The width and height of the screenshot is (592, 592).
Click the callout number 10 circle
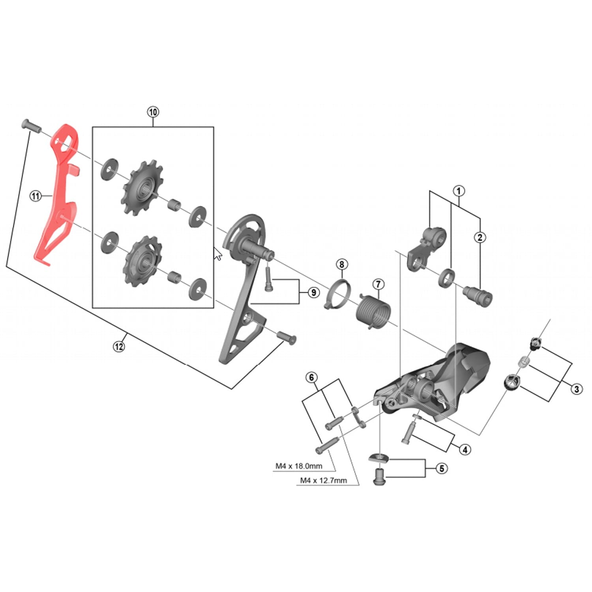pyautogui.click(x=153, y=112)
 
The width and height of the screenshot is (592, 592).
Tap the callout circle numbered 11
pyautogui.click(x=36, y=195)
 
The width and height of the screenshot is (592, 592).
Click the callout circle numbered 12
pyautogui.click(x=119, y=346)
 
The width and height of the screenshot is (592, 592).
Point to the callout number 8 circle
pyautogui.click(x=342, y=264)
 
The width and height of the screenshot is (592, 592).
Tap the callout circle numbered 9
pyautogui.click(x=313, y=292)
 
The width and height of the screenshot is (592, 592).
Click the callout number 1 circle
pyautogui.click(x=459, y=191)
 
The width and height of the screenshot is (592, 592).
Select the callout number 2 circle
pyautogui.click(x=480, y=237)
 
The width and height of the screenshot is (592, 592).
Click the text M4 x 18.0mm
pyautogui.click(x=299, y=466)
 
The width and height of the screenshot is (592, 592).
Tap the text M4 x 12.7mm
pyautogui.click(x=323, y=480)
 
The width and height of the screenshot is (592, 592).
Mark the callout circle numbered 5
pyautogui.click(x=442, y=468)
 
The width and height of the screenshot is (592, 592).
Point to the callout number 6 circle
pyautogui.click(x=311, y=378)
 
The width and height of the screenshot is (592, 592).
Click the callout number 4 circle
pyautogui.click(x=465, y=450)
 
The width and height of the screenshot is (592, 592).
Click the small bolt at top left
pyautogui.click(x=30, y=126)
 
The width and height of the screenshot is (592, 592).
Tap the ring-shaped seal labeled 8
pyautogui.click(x=338, y=295)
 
